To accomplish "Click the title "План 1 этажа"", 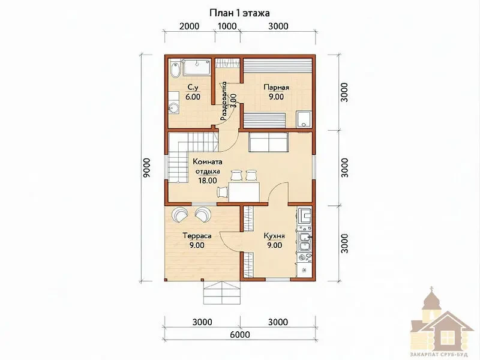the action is point(239,13).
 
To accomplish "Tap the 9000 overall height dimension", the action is point(146,168).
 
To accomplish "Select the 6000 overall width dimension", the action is point(239,334).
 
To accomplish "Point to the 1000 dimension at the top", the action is point(227,26).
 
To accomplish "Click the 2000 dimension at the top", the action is point(189,26).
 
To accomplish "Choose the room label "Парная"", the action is point(277,88).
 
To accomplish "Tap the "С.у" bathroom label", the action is point(193,88).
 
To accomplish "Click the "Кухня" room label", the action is point(275,236).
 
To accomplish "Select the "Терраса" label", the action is point(197,236).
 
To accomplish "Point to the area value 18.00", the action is point(208,181).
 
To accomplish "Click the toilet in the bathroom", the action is point(175,70).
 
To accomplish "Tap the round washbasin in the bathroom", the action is point(174,109).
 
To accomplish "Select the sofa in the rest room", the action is point(268,142).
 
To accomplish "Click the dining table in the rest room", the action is point(244,192).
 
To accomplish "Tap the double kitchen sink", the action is point(305,242).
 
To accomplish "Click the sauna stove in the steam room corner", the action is point(304,119).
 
